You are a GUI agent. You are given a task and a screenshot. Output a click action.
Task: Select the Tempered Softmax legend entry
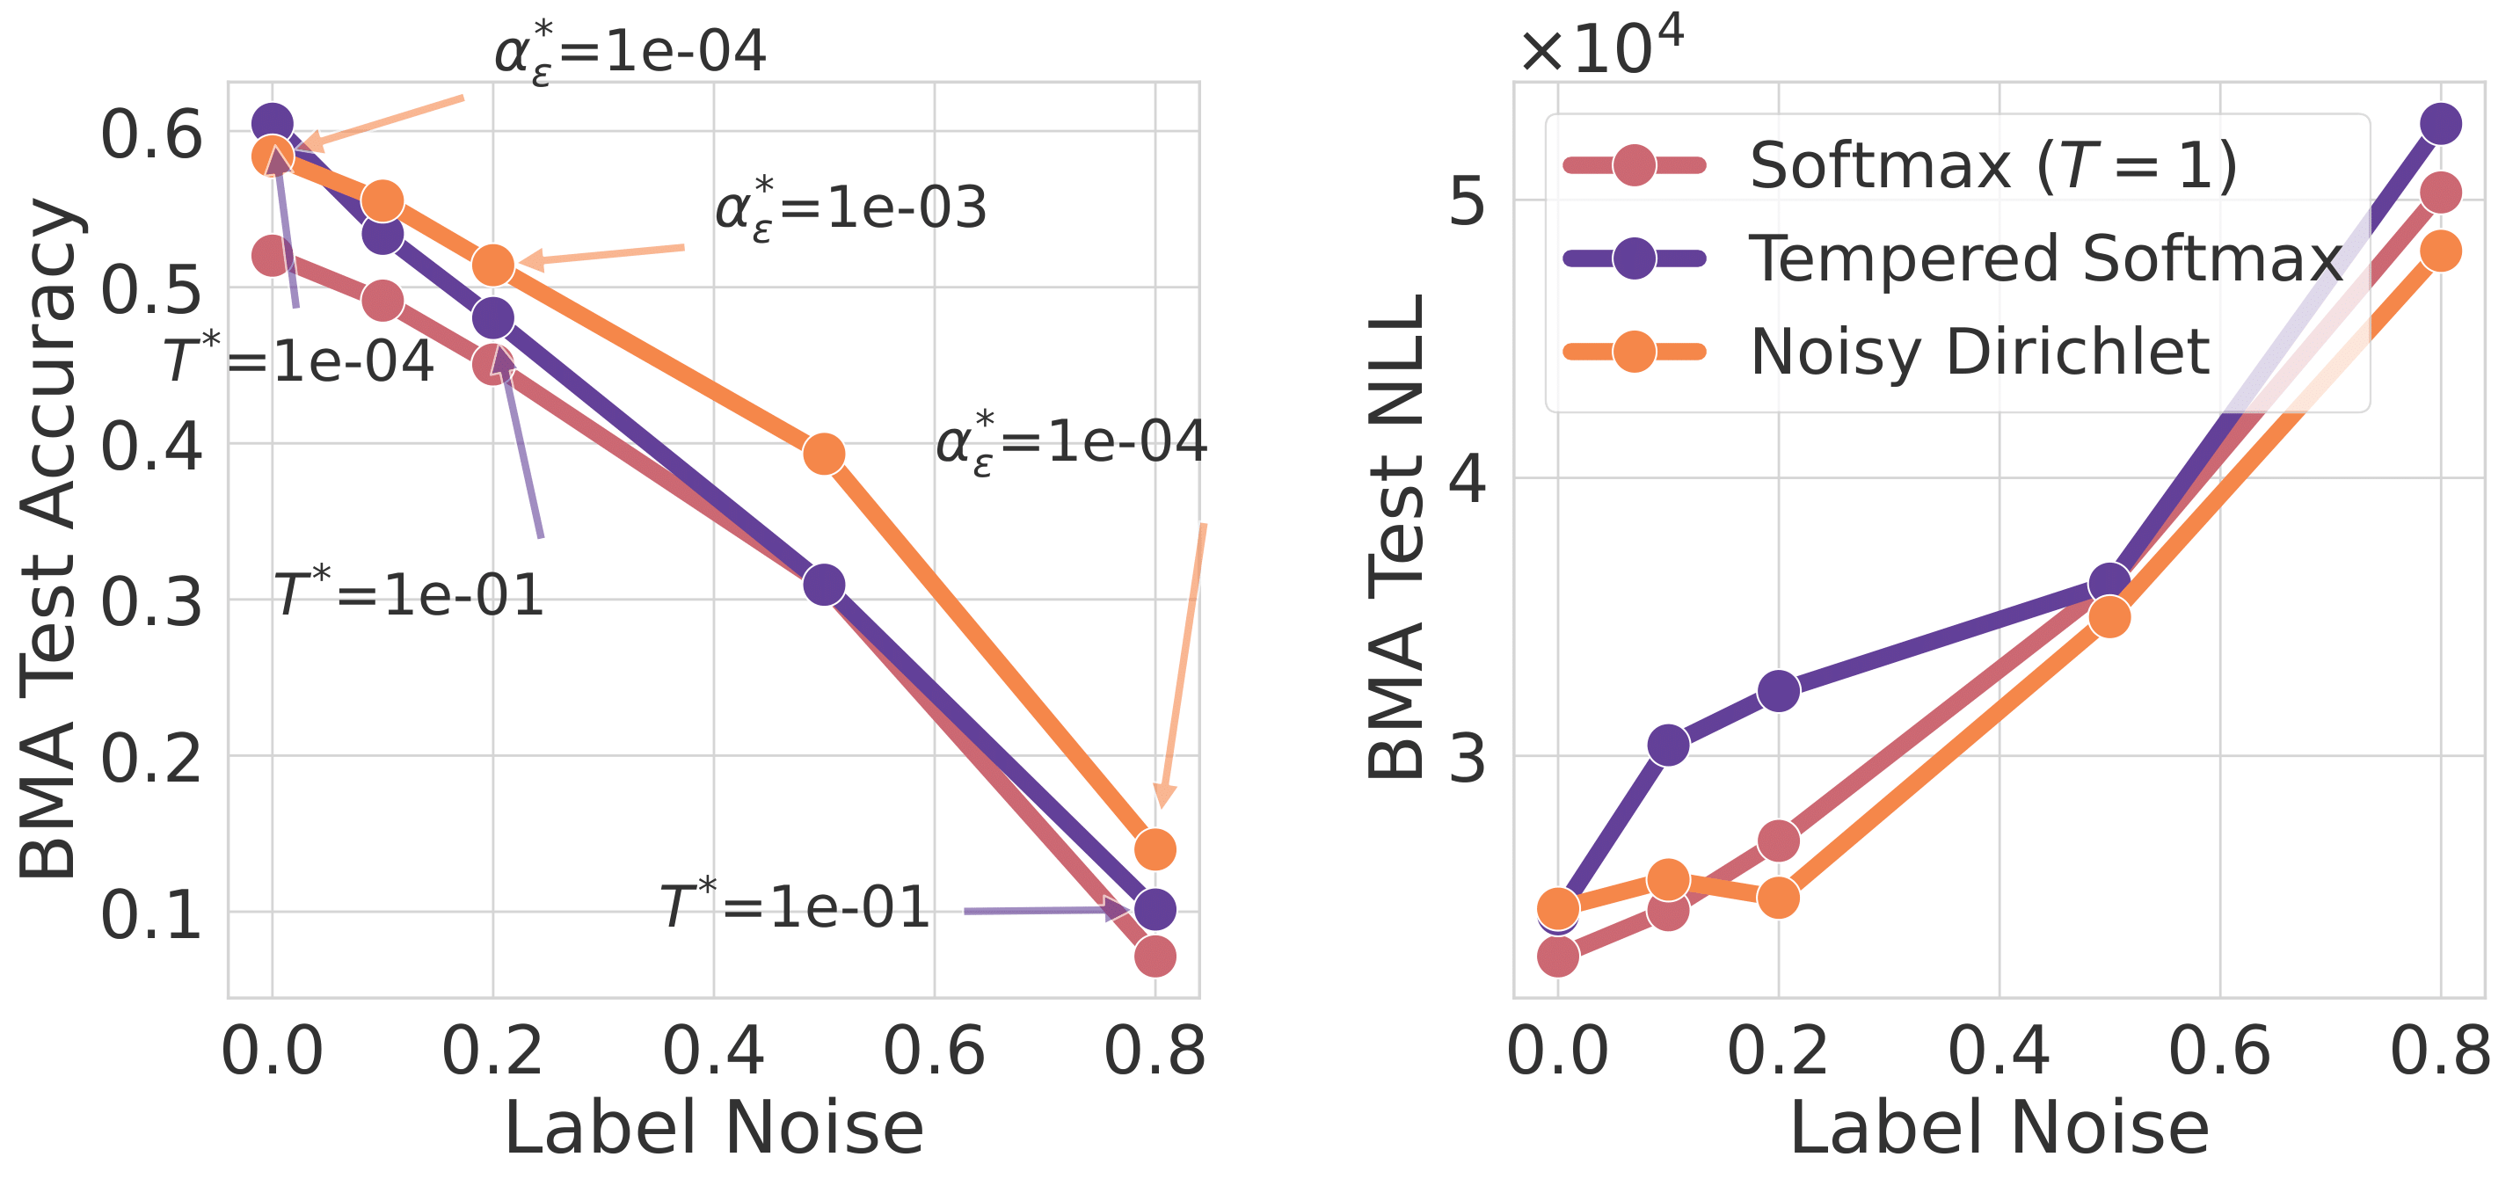(x=2044, y=258)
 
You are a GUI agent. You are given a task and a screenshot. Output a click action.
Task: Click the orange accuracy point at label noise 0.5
(x=825, y=454)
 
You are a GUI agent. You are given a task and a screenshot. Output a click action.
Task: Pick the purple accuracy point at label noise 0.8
(x=1155, y=909)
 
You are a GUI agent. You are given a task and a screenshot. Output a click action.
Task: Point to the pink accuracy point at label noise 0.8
(x=1155, y=956)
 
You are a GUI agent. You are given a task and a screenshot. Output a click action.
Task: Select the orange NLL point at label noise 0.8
(x=2441, y=251)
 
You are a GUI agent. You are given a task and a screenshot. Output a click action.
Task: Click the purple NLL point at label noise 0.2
(x=1779, y=690)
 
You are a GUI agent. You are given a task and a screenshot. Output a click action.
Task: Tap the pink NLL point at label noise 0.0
(x=1558, y=956)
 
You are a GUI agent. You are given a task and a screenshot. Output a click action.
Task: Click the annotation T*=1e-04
(x=297, y=360)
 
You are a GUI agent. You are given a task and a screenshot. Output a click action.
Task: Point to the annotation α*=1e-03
(x=850, y=207)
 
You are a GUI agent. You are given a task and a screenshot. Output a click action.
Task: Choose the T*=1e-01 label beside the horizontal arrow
(x=794, y=906)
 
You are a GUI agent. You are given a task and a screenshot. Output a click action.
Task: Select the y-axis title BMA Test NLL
(x=1396, y=536)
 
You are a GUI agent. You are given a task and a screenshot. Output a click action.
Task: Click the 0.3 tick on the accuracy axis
(x=151, y=601)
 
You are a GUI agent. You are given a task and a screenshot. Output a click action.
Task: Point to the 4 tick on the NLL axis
(x=1468, y=478)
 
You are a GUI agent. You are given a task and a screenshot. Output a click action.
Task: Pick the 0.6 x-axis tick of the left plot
(x=934, y=1051)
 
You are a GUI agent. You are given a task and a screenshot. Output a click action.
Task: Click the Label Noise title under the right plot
(x=1999, y=1129)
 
